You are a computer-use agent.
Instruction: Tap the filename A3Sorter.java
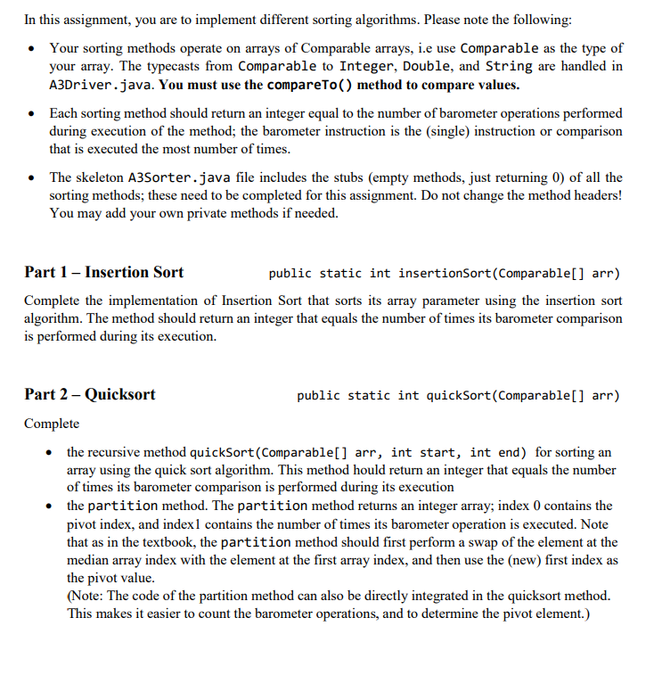(182, 177)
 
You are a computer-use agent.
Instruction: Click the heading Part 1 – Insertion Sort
(104, 272)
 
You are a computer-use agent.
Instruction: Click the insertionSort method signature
(445, 273)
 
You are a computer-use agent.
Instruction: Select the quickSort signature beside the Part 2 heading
(459, 395)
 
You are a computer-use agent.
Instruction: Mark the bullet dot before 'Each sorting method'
(32, 114)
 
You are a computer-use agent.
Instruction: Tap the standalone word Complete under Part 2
(52, 424)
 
